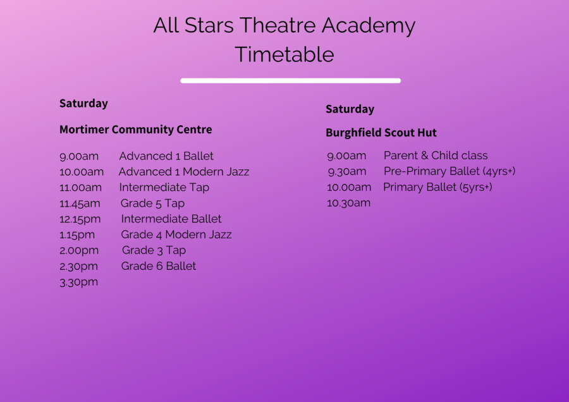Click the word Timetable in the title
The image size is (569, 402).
tap(284, 54)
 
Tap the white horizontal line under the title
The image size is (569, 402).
tap(291, 80)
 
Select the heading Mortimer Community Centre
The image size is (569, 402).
tap(136, 130)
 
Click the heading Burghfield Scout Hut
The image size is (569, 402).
tap(381, 133)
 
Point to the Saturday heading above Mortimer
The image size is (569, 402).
tap(83, 104)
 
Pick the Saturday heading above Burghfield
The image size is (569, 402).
tap(350, 109)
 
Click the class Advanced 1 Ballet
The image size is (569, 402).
tap(166, 156)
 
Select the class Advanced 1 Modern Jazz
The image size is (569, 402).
tap(184, 172)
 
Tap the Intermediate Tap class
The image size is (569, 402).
tap(164, 188)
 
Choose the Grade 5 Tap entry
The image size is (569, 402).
tap(152, 203)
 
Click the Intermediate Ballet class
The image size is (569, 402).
tap(171, 219)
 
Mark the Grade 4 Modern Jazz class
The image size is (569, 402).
tap(176, 234)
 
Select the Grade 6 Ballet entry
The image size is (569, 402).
tap(159, 266)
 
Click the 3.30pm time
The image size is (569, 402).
tap(79, 283)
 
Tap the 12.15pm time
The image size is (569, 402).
tap(80, 219)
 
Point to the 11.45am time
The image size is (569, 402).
tap(80, 204)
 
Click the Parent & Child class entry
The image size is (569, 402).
tap(436, 155)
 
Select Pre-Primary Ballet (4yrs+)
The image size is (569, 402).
tap(450, 171)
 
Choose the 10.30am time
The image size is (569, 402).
tap(349, 203)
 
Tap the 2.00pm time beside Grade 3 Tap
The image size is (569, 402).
tap(79, 251)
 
